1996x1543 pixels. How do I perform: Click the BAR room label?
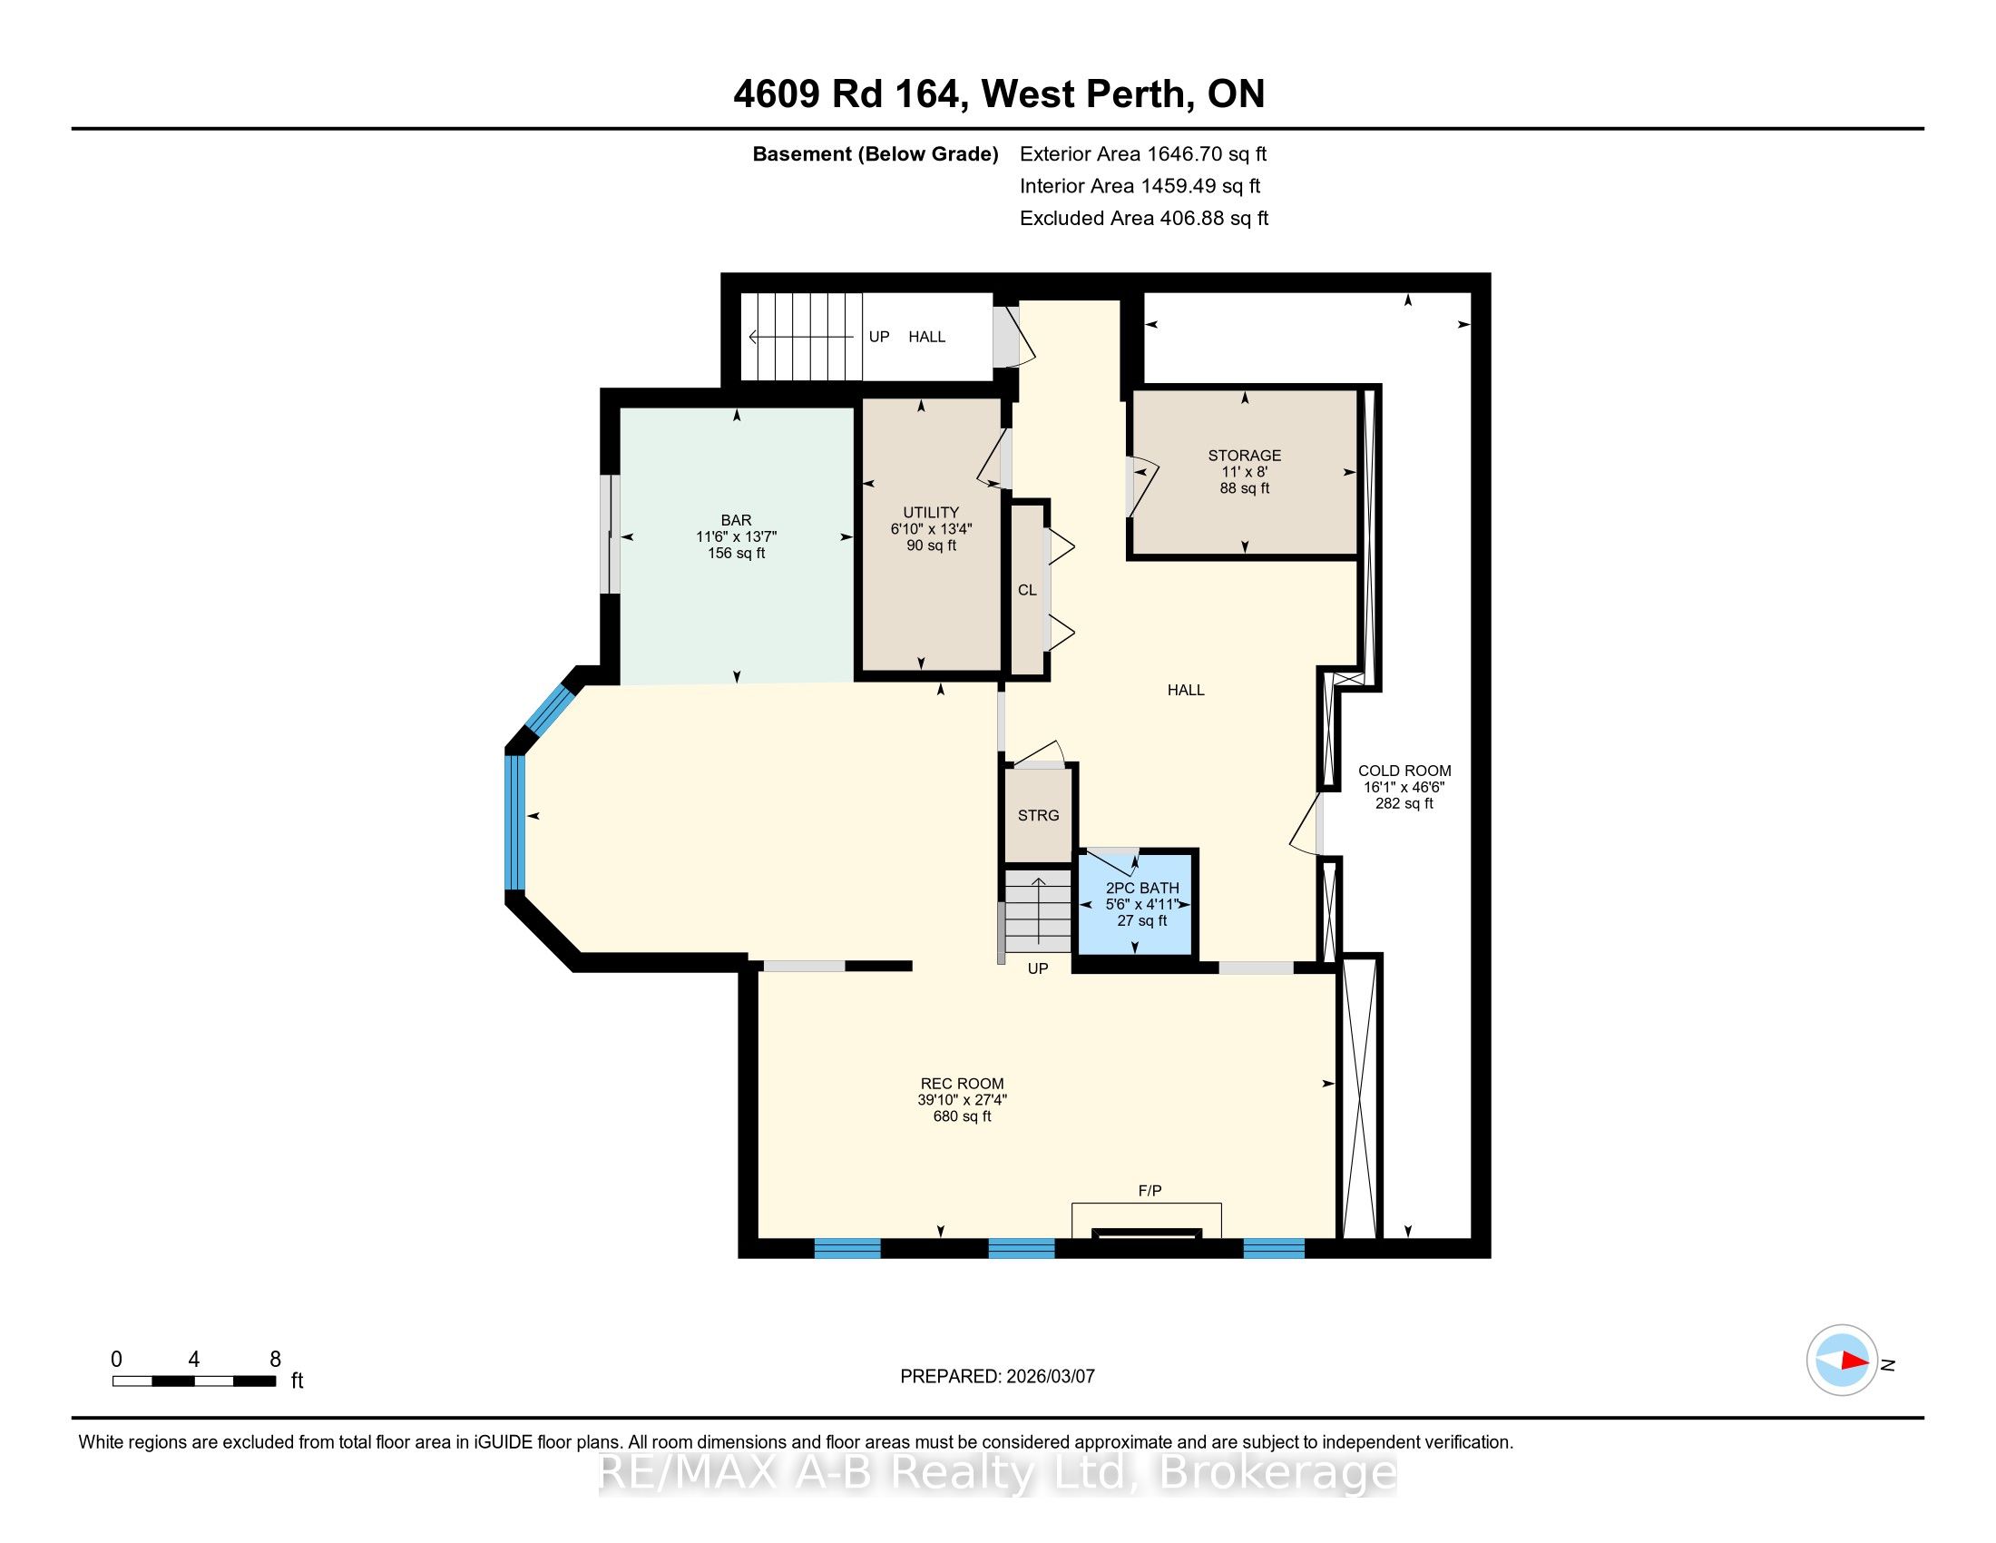(736, 520)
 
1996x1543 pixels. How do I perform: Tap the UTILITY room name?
(931, 513)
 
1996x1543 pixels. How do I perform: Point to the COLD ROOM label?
(1404, 771)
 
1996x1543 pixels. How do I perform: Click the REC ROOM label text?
(962, 1084)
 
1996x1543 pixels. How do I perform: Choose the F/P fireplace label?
(1150, 1190)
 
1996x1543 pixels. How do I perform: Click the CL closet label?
(1027, 591)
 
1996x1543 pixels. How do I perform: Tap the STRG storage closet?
(1038, 815)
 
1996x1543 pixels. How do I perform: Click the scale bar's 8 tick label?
(275, 1360)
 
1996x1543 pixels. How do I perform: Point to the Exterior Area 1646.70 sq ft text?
(1142, 153)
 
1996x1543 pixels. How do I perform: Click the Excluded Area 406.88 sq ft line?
(1144, 218)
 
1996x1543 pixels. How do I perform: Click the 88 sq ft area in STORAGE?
(1244, 488)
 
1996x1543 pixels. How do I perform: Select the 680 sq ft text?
(962, 1116)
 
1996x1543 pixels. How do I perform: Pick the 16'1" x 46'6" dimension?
(1404, 787)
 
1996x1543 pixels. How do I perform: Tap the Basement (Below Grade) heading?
(875, 153)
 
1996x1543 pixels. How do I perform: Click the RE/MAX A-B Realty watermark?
(998, 1472)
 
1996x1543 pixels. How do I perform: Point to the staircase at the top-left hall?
(801, 337)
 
